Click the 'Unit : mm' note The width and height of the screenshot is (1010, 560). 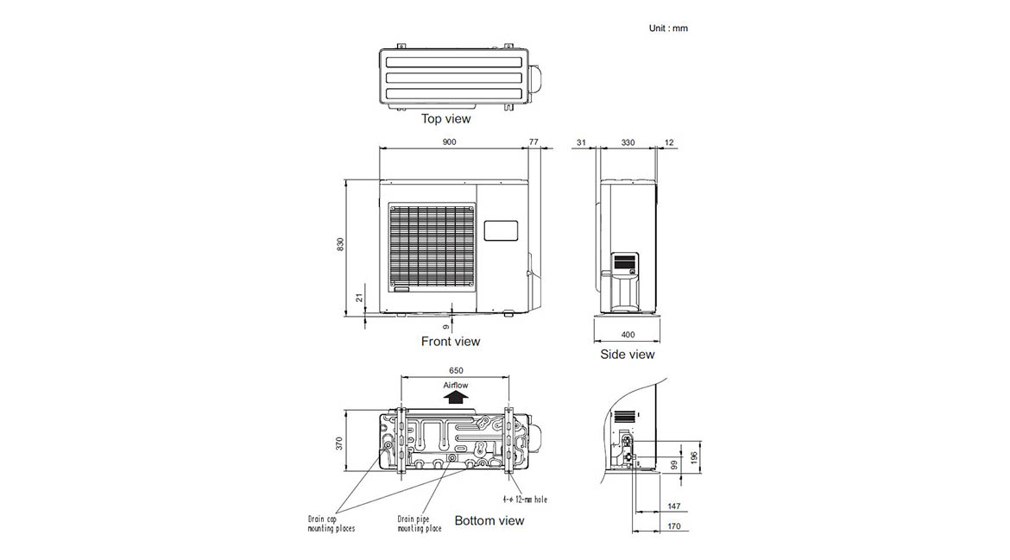point(668,28)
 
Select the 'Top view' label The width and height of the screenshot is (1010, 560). point(445,118)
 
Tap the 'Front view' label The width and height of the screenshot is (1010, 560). point(451,341)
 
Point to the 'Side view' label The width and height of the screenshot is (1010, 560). point(627,354)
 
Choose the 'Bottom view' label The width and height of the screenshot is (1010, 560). point(489,520)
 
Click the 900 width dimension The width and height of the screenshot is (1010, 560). point(449,142)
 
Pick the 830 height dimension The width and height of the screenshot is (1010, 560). point(340,244)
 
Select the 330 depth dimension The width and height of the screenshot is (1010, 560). point(628,142)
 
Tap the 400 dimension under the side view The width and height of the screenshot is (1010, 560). point(628,335)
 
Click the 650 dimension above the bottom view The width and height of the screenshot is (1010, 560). point(456,371)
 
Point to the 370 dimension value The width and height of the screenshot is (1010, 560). point(338,444)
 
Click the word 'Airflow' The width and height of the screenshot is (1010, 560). point(456,385)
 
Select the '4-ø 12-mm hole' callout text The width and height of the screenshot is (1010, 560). point(525,500)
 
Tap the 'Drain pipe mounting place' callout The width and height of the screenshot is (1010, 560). point(420,523)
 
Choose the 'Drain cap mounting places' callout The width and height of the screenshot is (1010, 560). point(331,523)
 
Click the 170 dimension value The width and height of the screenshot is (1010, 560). point(673,525)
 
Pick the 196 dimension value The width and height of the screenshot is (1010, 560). point(694,457)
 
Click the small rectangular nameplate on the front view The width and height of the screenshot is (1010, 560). point(501,230)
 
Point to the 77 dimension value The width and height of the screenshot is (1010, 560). point(533,142)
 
